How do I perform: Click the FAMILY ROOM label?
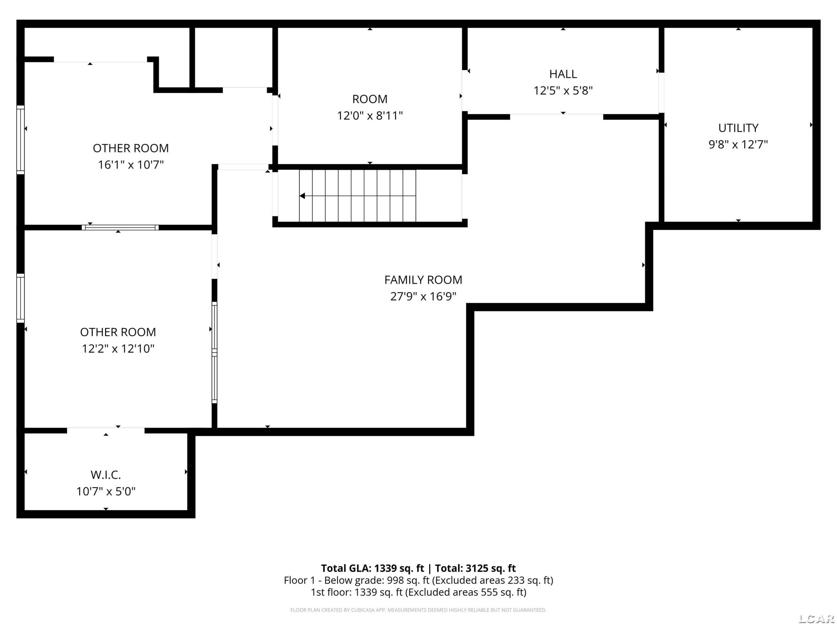(423, 280)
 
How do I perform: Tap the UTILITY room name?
(738, 128)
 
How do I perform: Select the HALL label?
(563, 74)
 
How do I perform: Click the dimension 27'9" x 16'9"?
(423, 296)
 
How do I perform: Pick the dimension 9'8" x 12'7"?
(738, 144)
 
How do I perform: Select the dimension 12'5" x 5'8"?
(563, 91)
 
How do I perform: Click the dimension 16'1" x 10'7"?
(131, 165)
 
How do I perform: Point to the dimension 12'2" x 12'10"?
(118, 348)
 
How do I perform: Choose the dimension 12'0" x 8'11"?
(370, 116)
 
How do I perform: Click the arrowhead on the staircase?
(302, 196)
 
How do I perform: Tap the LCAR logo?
(816, 619)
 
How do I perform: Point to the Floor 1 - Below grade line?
(419, 580)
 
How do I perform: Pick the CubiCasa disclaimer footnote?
(419, 610)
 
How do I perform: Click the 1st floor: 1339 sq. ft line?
(419, 592)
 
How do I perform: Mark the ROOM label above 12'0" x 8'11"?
(370, 99)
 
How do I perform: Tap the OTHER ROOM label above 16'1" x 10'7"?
(131, 148)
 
